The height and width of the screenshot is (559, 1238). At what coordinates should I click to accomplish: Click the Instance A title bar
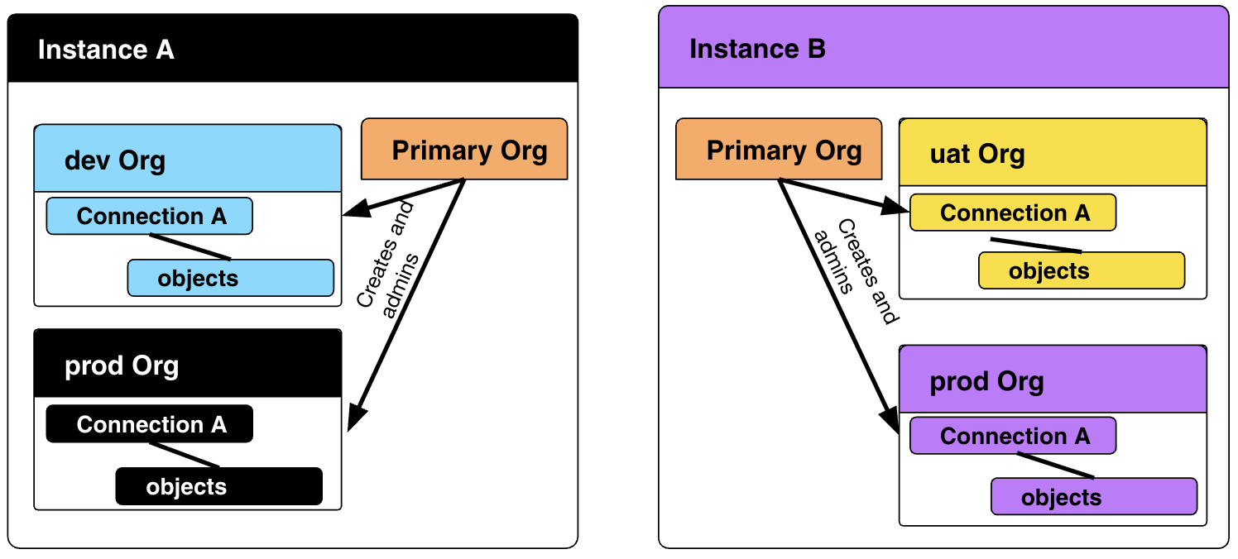(292, 50)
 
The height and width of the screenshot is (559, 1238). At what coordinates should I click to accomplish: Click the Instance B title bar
(943, 49)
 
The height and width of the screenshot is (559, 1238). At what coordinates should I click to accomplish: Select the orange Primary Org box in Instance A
(464, 150)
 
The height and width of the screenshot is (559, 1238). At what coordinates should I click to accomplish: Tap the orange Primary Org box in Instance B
(779, 150)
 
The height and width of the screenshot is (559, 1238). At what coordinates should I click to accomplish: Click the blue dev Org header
(188, 159)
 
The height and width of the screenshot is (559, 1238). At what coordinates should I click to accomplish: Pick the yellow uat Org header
(1053, 153)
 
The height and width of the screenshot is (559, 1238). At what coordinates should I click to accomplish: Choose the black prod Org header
(188, 365)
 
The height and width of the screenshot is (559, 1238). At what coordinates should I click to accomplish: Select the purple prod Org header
(1053, 380)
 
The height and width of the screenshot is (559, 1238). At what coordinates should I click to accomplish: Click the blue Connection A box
(150, 216)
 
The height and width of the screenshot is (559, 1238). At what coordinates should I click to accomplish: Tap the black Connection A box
(150, 424)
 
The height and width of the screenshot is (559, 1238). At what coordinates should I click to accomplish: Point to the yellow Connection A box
(1013, 213)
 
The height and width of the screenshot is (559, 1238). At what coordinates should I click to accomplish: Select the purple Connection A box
(1013, 436)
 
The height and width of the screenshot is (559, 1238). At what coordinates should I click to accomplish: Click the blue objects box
(230, 278)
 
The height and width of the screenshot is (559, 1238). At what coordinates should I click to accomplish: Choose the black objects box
(218, 486)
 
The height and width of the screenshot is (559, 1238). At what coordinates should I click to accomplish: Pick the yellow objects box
(1082, 270)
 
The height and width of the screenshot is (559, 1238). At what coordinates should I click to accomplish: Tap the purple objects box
(1094, 496)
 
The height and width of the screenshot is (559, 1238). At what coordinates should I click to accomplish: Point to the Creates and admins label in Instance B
(855, 271)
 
